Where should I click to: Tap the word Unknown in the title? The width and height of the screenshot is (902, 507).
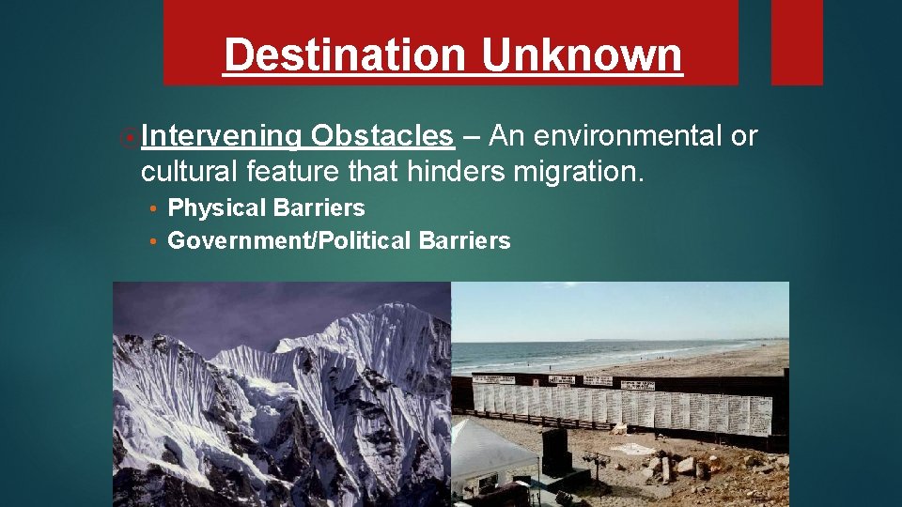coord(582,55)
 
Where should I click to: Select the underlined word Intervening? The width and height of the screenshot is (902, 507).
coord(221,137)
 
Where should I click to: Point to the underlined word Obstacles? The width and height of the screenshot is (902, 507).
coord(382,137)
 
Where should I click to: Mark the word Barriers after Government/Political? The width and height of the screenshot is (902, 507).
coord(464,241)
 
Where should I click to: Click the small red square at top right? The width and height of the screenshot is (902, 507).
coord(797,42)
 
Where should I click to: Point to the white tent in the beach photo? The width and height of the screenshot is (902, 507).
coord(493,452)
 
